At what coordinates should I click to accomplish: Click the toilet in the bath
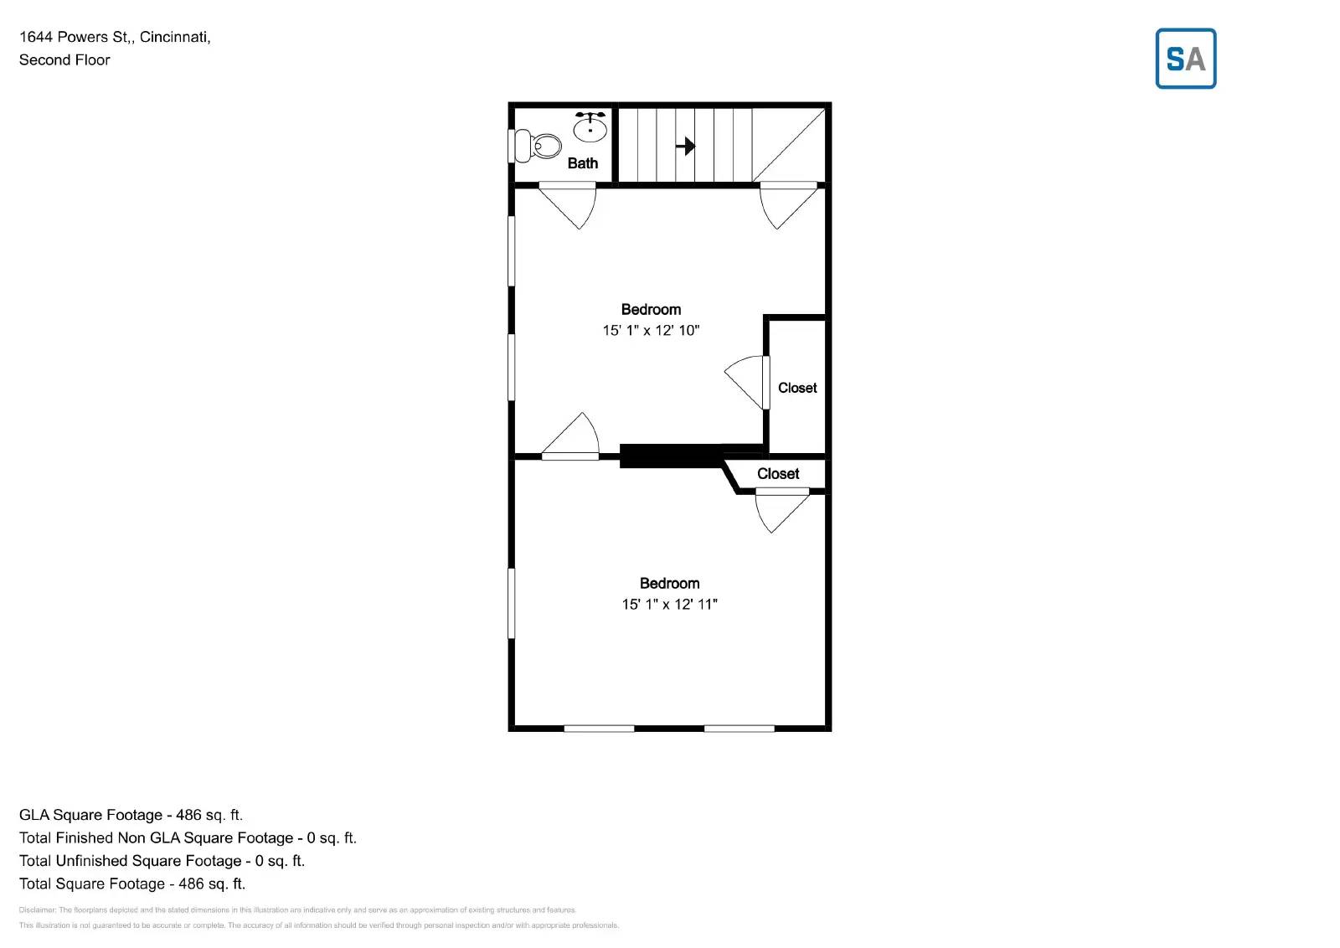pyautogui.click(x=538, y=146)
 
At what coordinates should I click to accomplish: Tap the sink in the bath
pyautogui.click(x=590, y=128)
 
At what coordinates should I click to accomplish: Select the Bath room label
pyautogui.click(x=583, y=163)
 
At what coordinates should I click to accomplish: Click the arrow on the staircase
pyautogui.click(x=685, y=147)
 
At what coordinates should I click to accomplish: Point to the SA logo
pyautogui.click(x=1185, y=59)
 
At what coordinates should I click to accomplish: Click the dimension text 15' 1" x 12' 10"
pyautogui.click(x=651, y=331)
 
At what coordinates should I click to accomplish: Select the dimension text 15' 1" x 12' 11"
pyautogui.click(x=669, y=605)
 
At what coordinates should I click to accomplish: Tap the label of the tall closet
pyautogui.click(x=797, y=388)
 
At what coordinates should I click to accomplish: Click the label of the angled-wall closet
pyautogui.click(x=778, y=474)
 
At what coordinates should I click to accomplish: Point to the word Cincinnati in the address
pyautogui.click(x=175, y=37)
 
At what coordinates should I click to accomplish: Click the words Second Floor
pyautogui.click(x=64, y=60)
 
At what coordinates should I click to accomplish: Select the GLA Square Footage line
pyautogui.click(x=131, y=815)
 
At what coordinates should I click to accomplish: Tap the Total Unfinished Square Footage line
pyautogui.click(x=162, y=861)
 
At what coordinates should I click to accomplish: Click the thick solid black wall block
pyautogui.click(x=671, y=456)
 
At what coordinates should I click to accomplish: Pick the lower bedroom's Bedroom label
pyautogui.click(x=669, y=584)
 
